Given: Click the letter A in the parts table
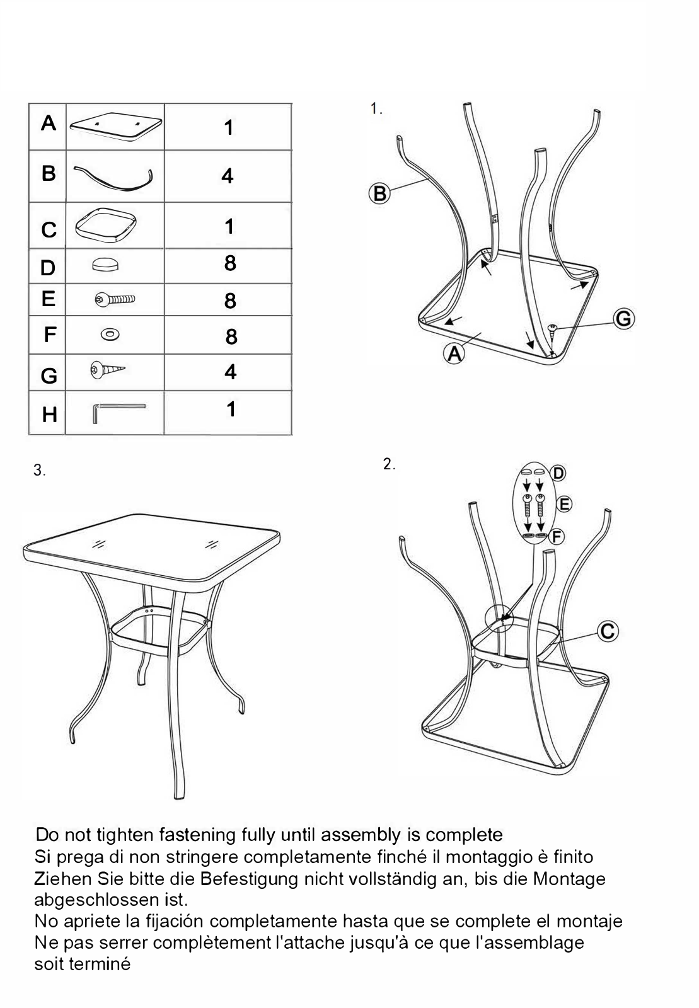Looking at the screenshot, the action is click(49, 123).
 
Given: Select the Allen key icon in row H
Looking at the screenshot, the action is click(119, 413).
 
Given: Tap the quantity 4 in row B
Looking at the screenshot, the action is click(228, 176).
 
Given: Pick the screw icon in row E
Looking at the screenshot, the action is click(115, 299).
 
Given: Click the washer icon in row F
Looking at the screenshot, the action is click(110, 335).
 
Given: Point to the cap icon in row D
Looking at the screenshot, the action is click(105, 264).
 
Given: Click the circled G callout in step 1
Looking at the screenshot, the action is click(624, 319).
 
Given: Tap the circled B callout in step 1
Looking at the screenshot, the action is click(379, 193).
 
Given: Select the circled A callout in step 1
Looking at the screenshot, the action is click(454, 353).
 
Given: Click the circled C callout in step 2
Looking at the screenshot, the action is click(608, 631).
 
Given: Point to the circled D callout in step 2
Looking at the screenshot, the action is click(558, 473).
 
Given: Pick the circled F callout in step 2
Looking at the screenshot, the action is click(557, 536).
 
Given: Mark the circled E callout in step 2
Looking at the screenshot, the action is click(564, 504).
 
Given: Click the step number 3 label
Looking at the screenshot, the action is click(40, 471).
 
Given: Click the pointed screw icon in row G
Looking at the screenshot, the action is click(108, 370).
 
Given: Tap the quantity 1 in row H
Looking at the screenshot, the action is click(231, 409).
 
